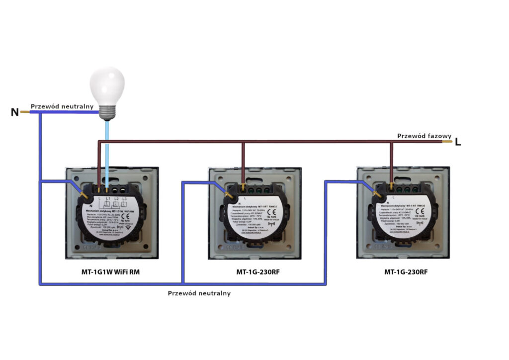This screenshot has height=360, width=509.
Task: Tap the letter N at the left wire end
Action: [15, 112]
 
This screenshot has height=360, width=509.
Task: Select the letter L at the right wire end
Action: [458, 142]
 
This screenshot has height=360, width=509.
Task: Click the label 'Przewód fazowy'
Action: [424, 136]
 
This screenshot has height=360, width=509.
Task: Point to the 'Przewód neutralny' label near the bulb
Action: [62, 106]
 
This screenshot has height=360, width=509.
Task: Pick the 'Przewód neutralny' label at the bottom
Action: [199, 293]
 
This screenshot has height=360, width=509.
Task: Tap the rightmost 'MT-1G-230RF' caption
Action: [406, 272]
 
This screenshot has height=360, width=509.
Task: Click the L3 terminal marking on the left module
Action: [124, 199]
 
